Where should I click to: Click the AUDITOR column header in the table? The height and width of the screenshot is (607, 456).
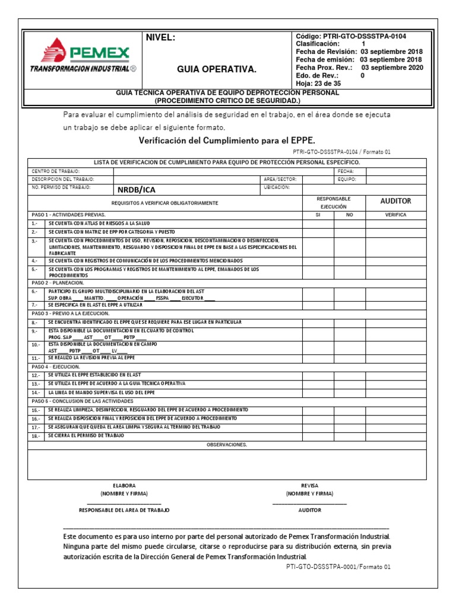coord(395,202)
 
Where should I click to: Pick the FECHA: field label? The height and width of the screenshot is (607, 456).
coord(346,171)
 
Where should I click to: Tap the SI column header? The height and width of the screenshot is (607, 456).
coord(318,215)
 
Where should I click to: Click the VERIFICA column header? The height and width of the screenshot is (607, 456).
coord(395,215)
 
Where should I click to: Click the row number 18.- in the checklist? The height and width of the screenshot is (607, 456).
coord(36,436)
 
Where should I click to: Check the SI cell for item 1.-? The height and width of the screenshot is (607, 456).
coord(318,223)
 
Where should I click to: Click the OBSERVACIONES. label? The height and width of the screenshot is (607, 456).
coord(227,445)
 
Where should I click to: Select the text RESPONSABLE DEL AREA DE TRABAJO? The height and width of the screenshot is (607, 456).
coord(124,510)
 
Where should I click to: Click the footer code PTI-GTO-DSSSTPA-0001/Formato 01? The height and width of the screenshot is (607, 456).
coord(338,567)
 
